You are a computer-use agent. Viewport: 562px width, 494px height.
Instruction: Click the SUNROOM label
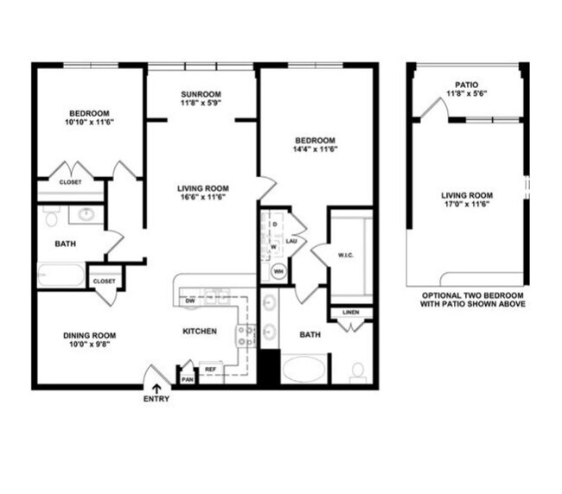coord(201,94)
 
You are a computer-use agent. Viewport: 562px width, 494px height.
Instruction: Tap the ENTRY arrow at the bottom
coord(156,389)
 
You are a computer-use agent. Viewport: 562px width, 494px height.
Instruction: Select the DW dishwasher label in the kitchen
coord(190,301)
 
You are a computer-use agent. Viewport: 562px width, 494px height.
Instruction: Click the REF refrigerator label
coord(210,370)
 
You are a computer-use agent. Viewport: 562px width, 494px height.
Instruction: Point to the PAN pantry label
coord(187,377)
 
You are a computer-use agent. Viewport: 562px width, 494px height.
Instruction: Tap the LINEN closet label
coord(351,312)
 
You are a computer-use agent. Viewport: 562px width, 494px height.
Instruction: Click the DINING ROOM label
coord(89,335)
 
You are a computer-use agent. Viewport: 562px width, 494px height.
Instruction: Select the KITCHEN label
coord(199,332)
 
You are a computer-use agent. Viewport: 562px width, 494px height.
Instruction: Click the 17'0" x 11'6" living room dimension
coord(467,204)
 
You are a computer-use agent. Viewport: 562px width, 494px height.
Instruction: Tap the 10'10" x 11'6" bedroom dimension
coord(89,123)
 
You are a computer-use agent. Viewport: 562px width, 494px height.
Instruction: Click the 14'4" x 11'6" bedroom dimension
coord(316,149)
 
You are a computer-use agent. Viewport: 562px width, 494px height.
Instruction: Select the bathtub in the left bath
coord(61,275)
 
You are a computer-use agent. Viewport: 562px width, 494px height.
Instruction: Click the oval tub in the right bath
coord(304,369)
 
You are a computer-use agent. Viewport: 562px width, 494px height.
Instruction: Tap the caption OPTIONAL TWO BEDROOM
coord(467,295)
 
